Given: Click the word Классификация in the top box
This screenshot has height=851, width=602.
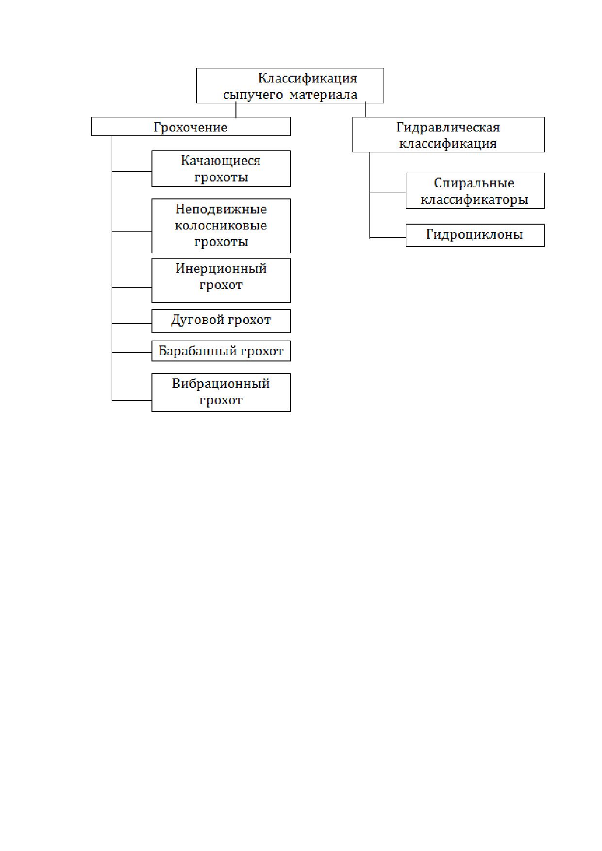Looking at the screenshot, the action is point(307,78).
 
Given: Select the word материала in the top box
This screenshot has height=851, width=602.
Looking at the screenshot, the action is point(324,95).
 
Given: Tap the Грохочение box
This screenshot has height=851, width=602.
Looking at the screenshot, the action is point(191,126).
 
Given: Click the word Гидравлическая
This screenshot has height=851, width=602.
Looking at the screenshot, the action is point(448,127).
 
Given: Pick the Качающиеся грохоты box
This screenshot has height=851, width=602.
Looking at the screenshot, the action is point(221,168).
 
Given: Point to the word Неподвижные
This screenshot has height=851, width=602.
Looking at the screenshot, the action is point(221,209).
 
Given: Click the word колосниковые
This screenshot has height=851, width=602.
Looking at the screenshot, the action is point(221,226).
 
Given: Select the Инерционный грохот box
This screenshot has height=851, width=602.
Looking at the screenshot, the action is point(221,280).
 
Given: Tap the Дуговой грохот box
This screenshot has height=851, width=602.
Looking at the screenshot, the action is point(221,321).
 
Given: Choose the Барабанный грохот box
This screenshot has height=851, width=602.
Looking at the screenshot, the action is point(221,351).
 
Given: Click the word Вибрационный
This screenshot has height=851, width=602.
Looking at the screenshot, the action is point(221,384).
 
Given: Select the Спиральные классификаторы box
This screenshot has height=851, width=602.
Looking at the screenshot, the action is point(475,191).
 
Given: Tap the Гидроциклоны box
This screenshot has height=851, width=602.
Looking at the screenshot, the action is point(475,235).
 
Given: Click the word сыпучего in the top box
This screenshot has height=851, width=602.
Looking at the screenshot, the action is point(253,95).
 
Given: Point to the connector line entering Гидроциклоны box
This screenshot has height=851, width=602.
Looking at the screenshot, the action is point(388,238).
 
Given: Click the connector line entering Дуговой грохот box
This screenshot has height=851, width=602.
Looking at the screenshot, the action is point(132,324).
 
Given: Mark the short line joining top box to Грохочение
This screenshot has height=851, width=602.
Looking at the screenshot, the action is point(236,110).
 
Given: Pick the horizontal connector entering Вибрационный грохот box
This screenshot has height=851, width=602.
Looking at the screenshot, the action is point(132,400).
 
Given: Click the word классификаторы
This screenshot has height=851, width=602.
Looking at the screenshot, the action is point(474,199).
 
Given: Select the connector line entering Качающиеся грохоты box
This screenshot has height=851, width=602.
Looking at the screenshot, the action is point(132,171).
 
